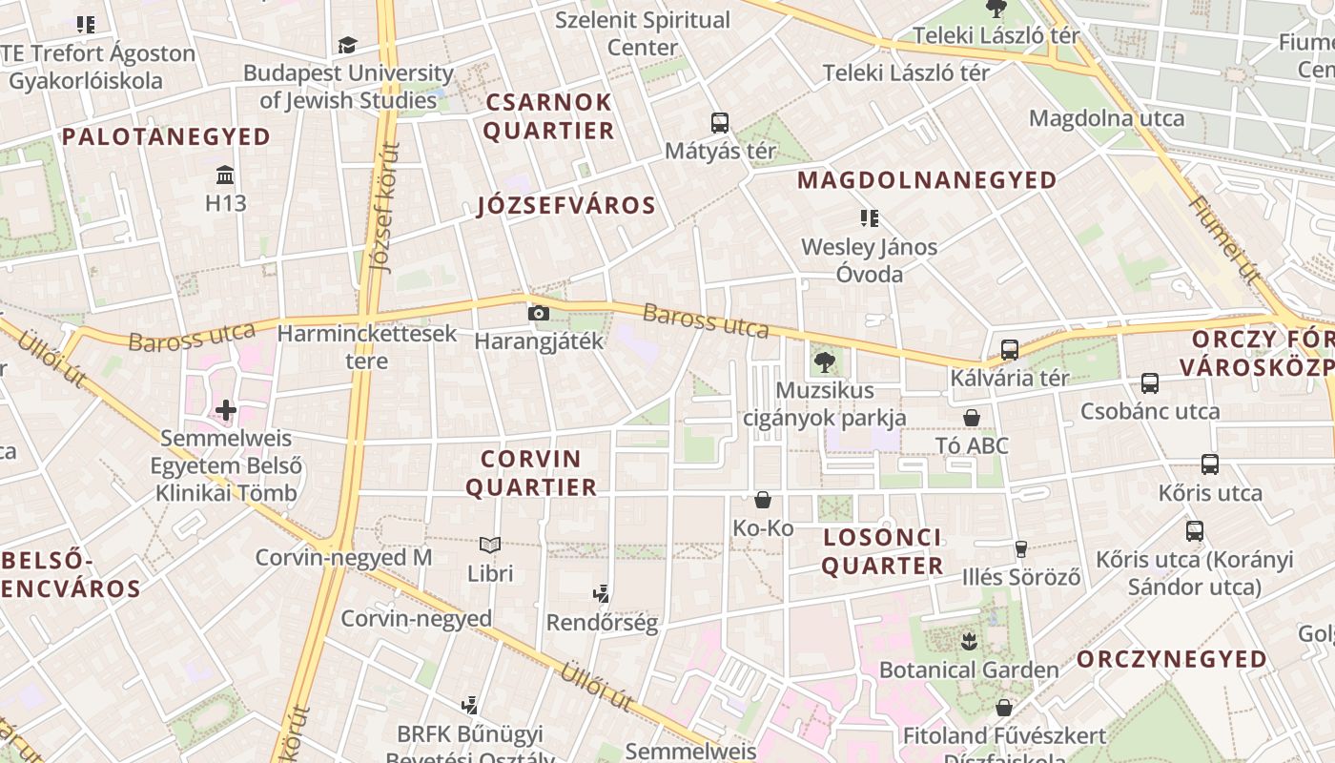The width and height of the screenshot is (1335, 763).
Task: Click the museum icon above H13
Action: click(226, 175)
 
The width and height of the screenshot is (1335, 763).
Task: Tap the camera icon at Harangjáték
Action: click(539, 313)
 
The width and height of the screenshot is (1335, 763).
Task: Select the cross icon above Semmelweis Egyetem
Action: click(226, 410)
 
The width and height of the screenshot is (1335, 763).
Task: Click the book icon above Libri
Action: click(490, 545)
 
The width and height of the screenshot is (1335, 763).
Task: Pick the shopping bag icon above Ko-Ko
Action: click(763, 499)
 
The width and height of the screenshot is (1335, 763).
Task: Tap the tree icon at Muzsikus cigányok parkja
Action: click(824, 362)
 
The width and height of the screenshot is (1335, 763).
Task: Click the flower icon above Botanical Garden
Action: click(969, 641)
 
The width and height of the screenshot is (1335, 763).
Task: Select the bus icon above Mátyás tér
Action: click(720, 122)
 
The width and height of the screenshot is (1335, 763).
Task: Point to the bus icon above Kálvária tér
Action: click(1010, 350)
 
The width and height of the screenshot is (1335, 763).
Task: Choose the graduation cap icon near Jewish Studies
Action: click(347, 45)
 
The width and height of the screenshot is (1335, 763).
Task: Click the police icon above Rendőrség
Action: click(601, 594)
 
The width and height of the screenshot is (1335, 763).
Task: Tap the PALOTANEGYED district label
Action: click(167, 136)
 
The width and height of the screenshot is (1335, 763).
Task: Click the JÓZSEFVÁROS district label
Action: click(566, 205)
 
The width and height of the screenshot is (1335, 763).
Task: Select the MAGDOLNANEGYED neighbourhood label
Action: click(927, 179)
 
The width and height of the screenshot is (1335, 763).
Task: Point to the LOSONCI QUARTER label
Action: click(882, 551)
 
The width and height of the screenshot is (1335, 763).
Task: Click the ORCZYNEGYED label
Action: click(1172, 659)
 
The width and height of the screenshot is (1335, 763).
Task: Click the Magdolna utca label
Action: click(1106, 118)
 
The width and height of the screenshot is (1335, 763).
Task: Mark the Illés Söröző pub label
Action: click(1021, 577)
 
